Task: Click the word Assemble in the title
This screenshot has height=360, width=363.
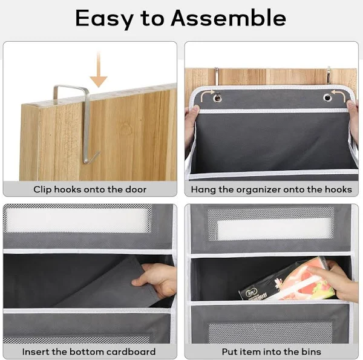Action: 228,18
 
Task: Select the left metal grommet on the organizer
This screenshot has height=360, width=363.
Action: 217,97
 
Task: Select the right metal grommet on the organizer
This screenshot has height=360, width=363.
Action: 327,97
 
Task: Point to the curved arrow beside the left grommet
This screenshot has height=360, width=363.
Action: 206,95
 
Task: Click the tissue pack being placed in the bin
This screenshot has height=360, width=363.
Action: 287,280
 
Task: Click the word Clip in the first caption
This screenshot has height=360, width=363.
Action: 42,189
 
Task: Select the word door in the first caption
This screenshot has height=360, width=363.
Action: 136,189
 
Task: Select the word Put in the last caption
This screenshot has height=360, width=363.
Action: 229,352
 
